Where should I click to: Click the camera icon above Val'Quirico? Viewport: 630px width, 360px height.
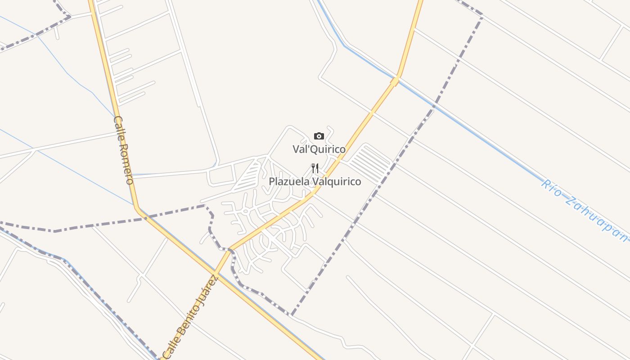[x=319, y=136]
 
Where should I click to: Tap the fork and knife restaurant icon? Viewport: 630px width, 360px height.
[x=315, y=169]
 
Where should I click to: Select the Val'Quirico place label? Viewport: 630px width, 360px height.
[x=319, y=149]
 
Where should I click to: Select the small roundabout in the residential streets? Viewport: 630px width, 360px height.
[x=246, y=211]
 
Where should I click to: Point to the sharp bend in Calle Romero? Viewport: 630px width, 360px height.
[x=137, y=208]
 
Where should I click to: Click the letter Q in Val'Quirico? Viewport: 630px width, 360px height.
[x=314, y=149]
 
